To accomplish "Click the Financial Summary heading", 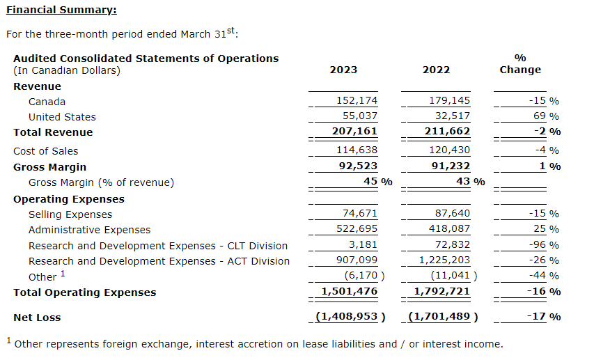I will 61,10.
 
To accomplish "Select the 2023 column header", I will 343,70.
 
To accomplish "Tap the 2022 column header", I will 436,70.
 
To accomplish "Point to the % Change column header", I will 520,63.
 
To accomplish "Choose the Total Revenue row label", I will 53,132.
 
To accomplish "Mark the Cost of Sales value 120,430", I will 449,150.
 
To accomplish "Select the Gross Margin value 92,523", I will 357,166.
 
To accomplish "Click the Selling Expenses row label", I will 70,214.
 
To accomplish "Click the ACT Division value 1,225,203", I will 442,260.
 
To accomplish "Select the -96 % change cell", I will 544,245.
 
